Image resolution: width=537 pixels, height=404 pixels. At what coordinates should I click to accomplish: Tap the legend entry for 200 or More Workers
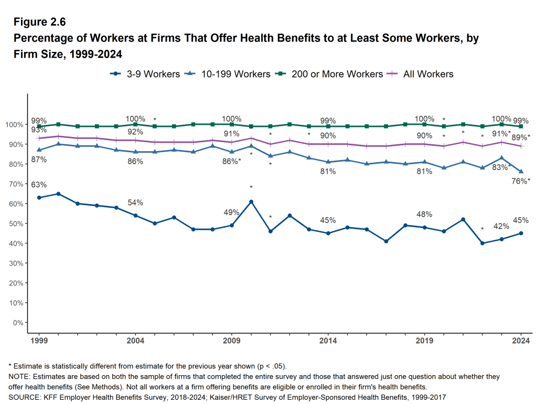331,74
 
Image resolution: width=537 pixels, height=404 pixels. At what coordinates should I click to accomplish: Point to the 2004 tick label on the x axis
135,340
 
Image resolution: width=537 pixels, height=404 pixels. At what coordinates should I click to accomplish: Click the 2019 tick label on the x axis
424,340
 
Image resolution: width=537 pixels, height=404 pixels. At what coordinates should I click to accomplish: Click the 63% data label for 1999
39,185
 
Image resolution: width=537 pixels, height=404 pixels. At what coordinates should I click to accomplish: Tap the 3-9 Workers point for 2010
251,201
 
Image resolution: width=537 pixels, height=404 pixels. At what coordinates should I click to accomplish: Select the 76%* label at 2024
521,181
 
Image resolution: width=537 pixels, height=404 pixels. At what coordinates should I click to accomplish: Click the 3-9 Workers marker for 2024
521,233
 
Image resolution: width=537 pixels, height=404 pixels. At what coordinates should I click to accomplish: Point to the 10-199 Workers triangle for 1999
39,150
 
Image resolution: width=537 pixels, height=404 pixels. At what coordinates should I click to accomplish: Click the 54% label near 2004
135,203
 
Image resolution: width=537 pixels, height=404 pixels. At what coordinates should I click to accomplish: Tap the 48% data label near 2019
424,214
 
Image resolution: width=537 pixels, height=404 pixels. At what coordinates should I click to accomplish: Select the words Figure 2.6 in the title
40,23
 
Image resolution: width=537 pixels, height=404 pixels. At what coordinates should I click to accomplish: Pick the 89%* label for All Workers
521,137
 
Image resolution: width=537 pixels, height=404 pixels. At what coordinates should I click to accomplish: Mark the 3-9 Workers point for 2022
482,243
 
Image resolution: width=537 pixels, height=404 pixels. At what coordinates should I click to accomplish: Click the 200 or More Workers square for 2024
521,126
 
